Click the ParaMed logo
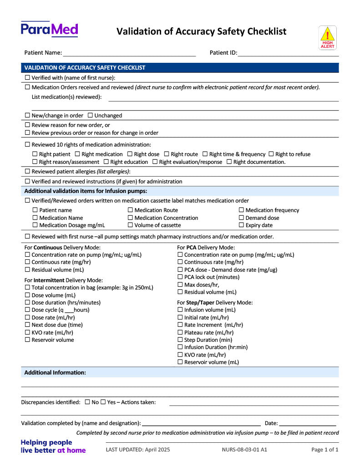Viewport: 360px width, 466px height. coord(49,30)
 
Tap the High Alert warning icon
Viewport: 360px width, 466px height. coord(327,37)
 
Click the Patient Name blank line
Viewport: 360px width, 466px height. coord(129,54)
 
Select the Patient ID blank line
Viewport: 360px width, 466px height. coord(288,54)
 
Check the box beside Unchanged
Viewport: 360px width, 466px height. coord(90,116)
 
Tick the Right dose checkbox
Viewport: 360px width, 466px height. coord(130,154)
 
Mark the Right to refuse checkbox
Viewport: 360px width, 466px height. coord(271,154)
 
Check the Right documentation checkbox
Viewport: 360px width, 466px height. coord(229,162)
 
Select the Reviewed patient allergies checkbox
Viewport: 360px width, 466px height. coord(27,171)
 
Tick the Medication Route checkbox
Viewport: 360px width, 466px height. coord(130,210)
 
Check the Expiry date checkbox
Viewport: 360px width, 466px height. coord(241,225)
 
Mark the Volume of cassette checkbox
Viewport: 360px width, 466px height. coord(130,225)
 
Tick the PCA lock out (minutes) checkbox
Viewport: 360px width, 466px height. coord(180,277)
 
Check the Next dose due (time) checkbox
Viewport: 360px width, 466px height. coord(27,324)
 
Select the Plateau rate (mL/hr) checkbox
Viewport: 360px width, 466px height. coord(180,332)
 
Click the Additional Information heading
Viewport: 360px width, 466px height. coord(55,372)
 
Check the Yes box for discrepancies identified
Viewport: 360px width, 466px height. coord(103,402)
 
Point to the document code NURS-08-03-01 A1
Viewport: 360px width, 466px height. coord(244,450)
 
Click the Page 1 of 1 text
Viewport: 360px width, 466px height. coord(325,450)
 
